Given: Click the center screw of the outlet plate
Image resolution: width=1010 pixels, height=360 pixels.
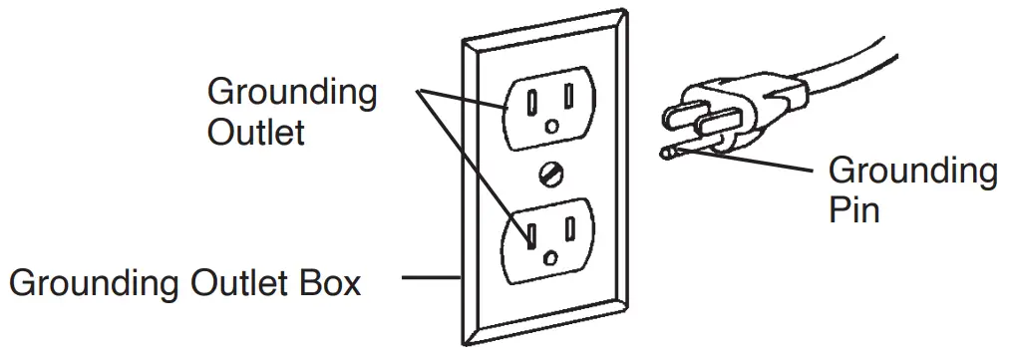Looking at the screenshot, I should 547,175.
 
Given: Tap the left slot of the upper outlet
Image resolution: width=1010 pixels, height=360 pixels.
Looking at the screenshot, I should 532,101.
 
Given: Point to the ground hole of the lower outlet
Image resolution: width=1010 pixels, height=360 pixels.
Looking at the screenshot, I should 550,258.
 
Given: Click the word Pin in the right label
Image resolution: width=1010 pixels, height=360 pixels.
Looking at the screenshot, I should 853,209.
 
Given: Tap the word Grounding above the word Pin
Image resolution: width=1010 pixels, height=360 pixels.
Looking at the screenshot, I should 911,173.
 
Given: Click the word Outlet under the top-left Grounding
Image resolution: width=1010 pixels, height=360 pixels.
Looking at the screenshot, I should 255,132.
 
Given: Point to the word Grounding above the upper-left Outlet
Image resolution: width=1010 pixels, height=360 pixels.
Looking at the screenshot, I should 291,94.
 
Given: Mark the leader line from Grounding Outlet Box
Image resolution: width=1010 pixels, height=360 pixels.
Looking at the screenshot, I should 429,278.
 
